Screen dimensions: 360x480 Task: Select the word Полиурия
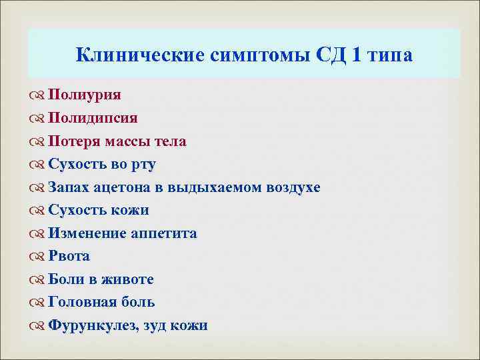85,95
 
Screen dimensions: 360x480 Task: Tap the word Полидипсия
93,118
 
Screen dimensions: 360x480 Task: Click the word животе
130,280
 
